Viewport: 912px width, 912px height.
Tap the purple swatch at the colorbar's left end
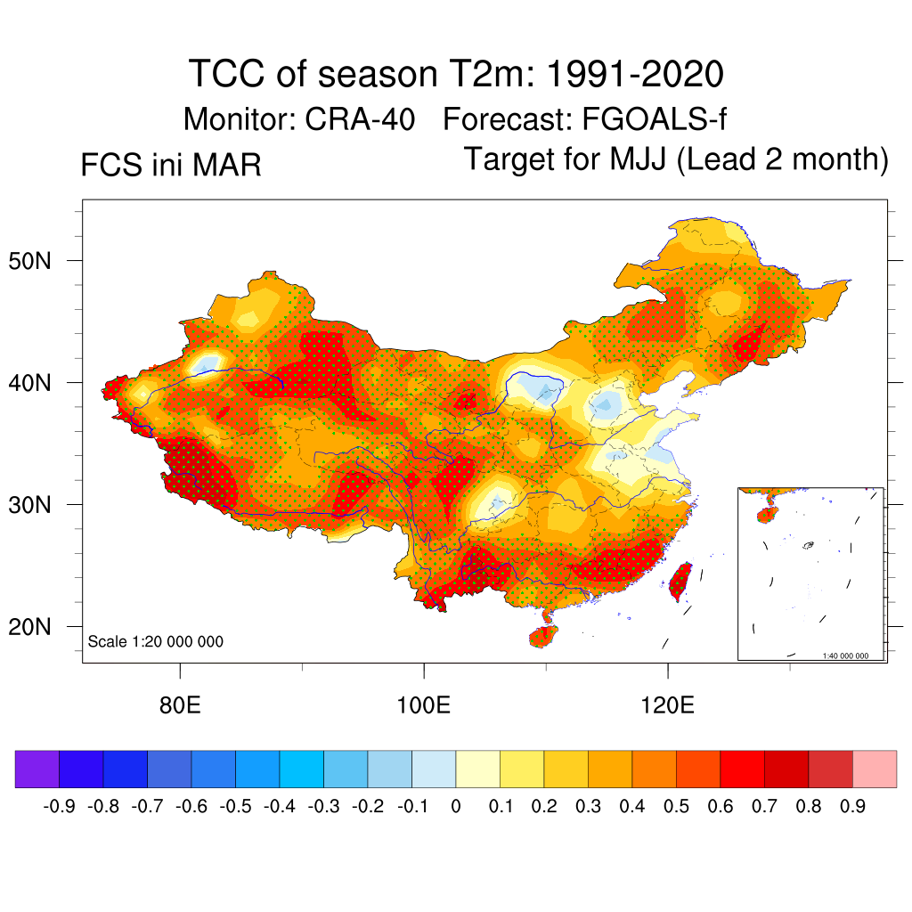[x=37, y=769]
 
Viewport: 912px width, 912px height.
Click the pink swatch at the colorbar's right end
[x=875, y=769]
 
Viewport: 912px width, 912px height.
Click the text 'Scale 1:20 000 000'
[x=156, y=642]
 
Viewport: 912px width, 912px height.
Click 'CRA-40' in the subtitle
[x=360, y=118]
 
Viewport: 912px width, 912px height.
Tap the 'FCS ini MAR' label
[x=171, y=165]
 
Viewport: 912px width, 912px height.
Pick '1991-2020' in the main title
[x=632, y=74]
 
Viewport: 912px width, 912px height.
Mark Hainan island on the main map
[x=543, y=636]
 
